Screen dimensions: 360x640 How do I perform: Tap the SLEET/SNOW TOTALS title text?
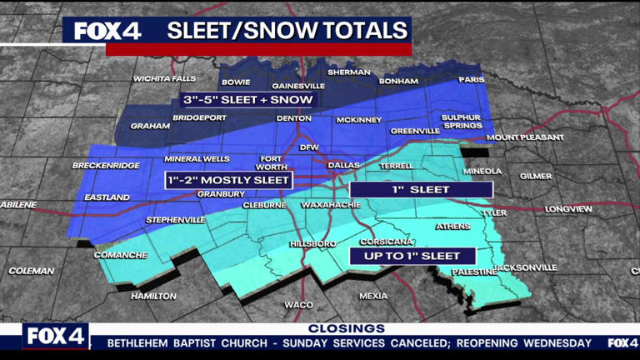click(x=287, y=31)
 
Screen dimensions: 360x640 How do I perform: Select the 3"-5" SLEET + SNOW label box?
click(x=247, y=100)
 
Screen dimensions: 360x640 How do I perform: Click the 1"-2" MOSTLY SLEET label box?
click(x=228, y=179)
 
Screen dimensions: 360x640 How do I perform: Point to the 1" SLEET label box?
click(x=421, y=189)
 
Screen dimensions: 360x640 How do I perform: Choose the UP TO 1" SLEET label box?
click(x=412, y=255)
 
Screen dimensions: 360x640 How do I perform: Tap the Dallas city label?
click(x=344, y=165)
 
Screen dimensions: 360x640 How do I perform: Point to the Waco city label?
click(x=298, y=305)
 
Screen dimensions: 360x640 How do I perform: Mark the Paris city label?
click(x=471, y=81)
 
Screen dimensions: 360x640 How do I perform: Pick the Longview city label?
click(x=568, y=208)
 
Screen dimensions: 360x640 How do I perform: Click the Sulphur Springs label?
click(x=461, y=122)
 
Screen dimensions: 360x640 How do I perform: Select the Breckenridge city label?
click(x=106, y=166)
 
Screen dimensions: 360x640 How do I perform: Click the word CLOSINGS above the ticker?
click(x=346, y=328)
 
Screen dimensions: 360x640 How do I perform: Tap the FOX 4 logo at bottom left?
click(x=55, y=337)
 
